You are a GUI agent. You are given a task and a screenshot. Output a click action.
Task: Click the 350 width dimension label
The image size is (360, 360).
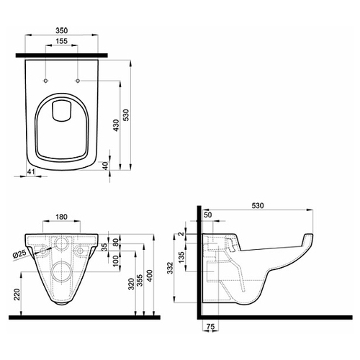(62, 30)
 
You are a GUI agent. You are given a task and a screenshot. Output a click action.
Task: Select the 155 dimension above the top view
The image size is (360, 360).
(62, 41)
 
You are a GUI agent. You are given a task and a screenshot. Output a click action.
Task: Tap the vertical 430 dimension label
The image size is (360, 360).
(116, 125)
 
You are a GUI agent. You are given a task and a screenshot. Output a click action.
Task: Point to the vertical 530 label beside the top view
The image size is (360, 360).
(126, 115)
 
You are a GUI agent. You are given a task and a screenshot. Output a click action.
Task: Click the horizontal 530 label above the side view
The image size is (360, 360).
(258, 206)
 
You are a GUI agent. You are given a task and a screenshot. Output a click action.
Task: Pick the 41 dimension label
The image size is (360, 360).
(30, 171)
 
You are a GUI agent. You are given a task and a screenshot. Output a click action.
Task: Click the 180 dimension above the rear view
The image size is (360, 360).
(61, 217)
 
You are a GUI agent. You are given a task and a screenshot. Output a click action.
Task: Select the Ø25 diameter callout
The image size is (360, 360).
(19, 254)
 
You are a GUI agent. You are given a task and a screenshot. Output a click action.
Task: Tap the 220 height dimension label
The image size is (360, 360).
(17, 294)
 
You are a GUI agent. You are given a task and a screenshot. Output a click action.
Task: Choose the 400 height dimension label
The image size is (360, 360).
(150, 276)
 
